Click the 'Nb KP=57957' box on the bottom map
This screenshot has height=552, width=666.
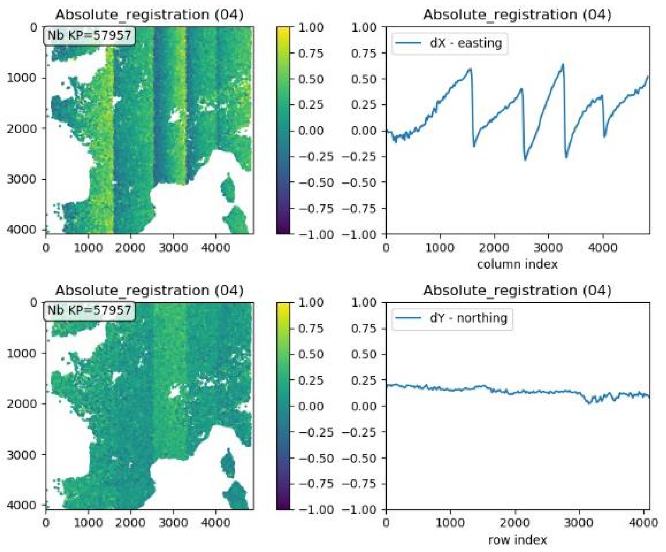click(x=89, y=310)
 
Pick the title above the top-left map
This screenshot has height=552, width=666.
click(x=149, y=15)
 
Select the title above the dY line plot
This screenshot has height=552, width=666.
click(x=517, y=290)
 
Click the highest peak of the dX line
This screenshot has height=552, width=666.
click(x=563, y=64)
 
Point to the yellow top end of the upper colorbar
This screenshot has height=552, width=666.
click(x=283, y=29)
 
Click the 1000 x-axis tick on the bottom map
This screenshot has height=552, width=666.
click(x=88, y=523)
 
